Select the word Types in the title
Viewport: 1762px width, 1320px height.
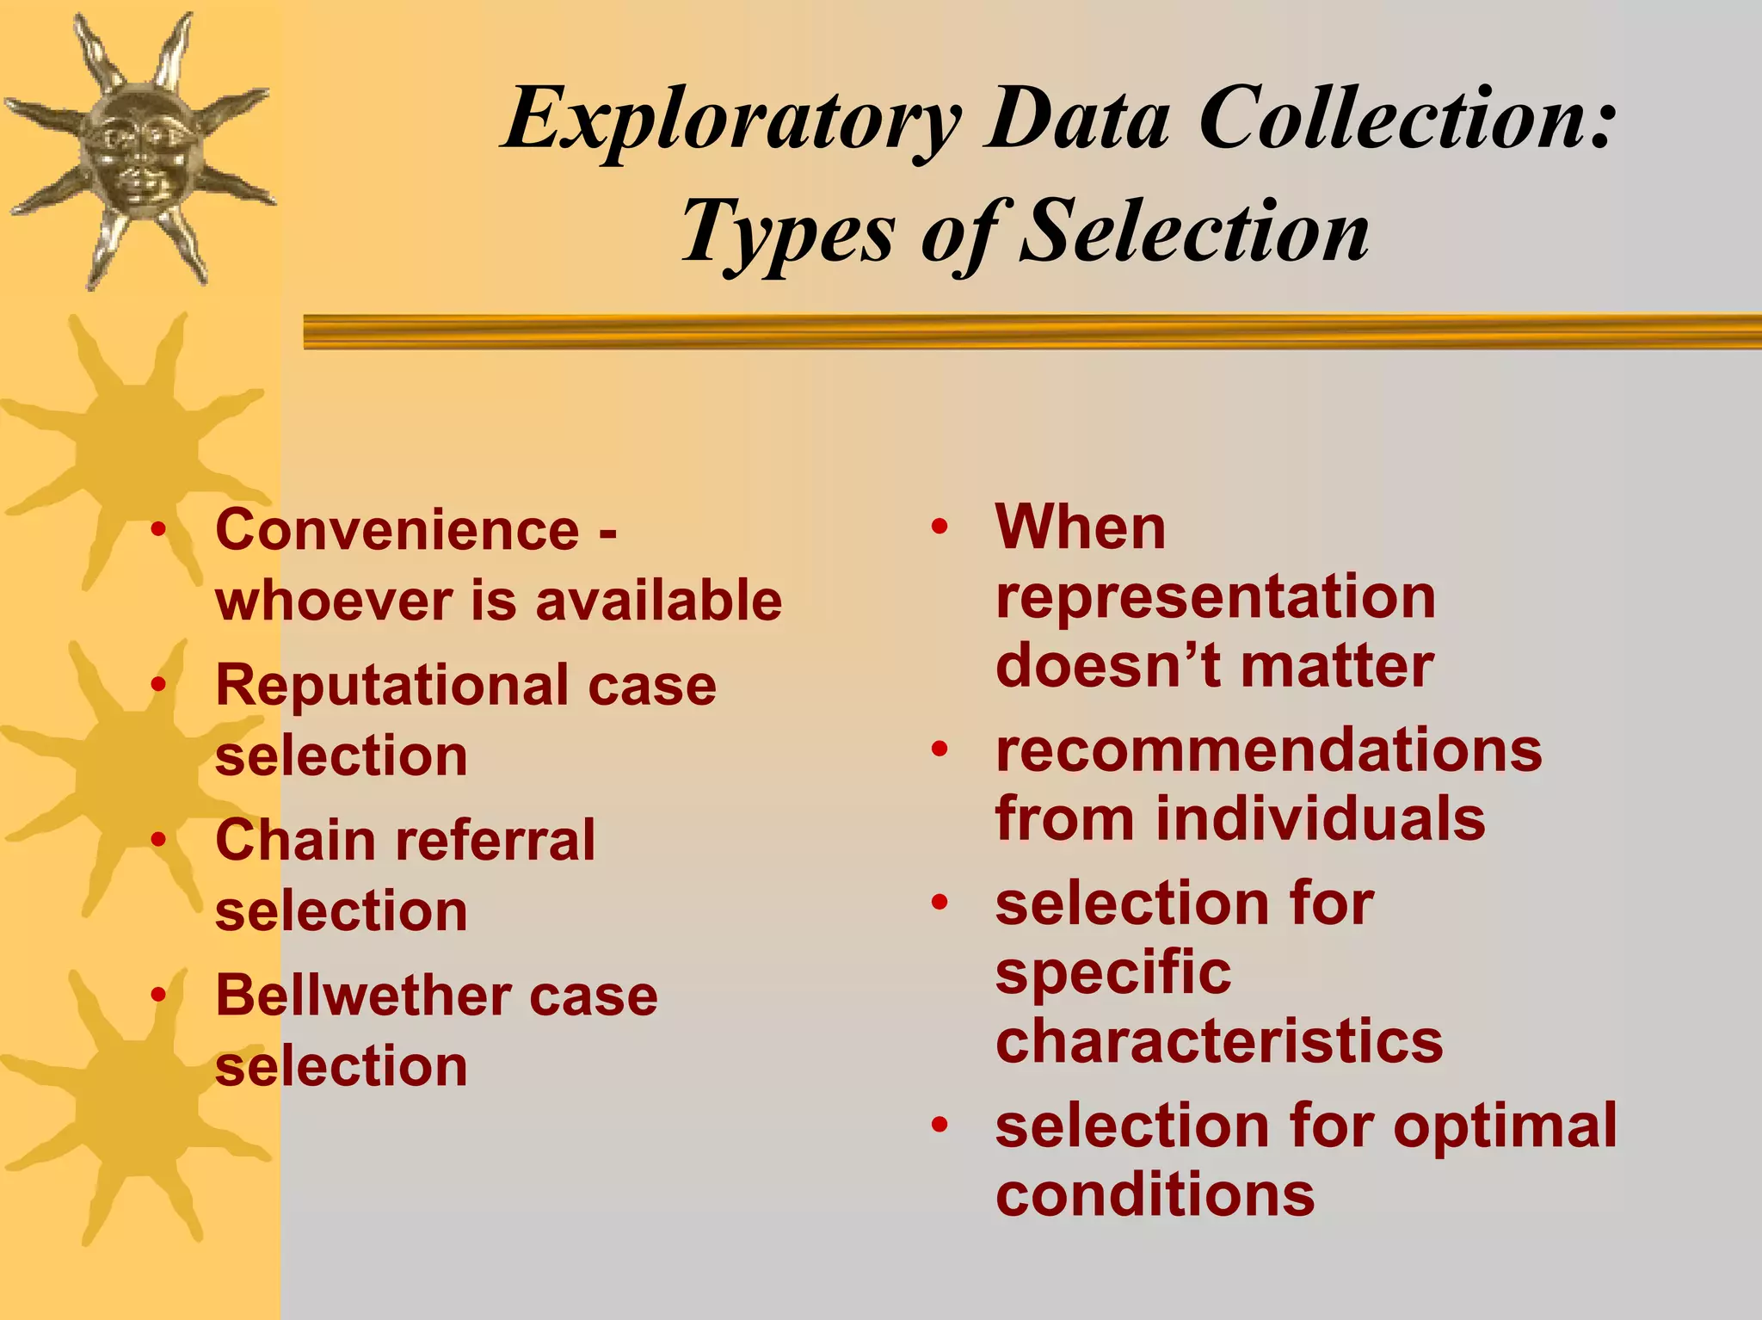(787, 232)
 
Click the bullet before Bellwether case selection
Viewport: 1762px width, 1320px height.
(158, 995)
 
